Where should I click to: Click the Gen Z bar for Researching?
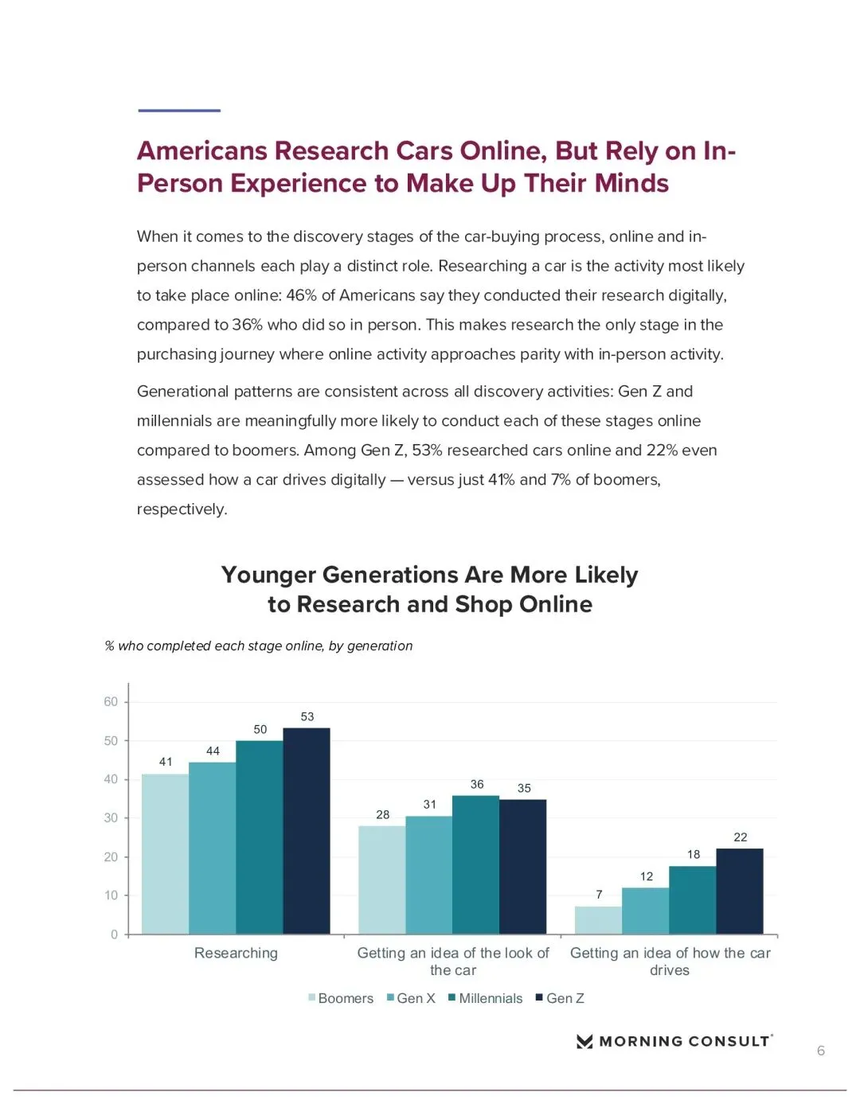pos(307,831)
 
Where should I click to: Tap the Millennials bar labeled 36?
pos(475,864)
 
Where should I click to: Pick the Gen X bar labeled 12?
pos(645,911)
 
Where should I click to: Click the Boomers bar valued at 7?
pos(598,920)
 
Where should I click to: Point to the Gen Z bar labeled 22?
pos(740,891)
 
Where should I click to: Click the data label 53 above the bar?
pos(307,716)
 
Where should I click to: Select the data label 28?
pos(383,814)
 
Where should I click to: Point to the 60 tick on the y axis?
pos(111,701)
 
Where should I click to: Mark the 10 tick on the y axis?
pos(111,895)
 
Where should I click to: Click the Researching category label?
pos(236,953)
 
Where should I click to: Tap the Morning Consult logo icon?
pos(584,1041)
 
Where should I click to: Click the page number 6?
pos(821,1051)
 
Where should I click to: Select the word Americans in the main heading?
pos(201,150)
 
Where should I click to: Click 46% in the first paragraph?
pos(301,295)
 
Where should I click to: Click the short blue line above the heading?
pos(179,111)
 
